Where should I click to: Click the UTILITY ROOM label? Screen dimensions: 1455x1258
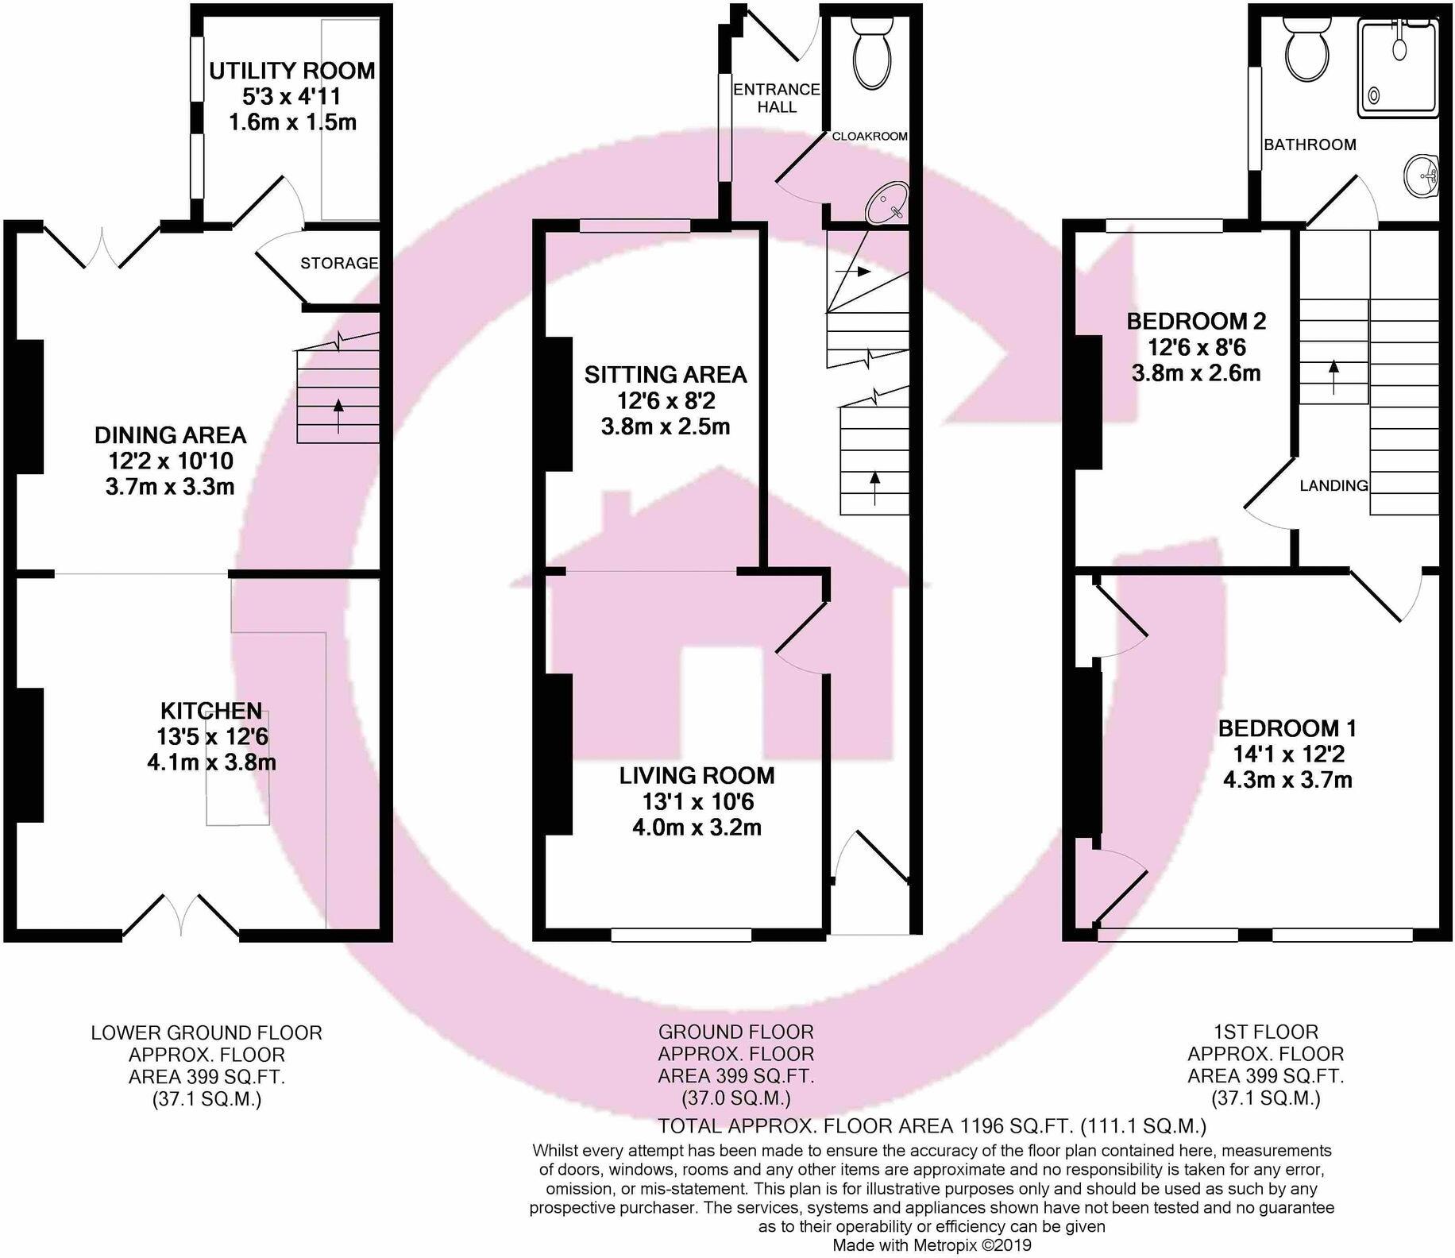[x=291, y=71]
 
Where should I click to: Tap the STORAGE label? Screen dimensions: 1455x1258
[x=339, y=263]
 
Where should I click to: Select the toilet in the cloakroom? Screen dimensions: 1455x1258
[x=871, y=52]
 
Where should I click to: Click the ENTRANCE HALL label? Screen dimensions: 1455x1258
[x=776, y=98]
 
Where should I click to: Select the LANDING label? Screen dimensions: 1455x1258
[x=1333, y=485]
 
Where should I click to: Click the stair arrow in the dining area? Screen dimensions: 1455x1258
[x=339, y=415]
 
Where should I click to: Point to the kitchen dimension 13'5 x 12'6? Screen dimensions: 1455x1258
[x=213, y=736]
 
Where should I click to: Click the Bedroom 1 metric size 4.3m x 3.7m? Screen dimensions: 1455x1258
[x=1287, y=780]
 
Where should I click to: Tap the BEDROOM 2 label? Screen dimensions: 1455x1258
[x=1196, y=322]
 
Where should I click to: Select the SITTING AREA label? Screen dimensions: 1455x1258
[x=666, y=375]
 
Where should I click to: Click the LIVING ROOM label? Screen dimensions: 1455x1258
[x=697, y=775]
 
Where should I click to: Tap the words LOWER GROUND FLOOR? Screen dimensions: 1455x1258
[x=206, y=1032]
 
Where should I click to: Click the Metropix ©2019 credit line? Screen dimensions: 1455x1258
[x=931, y=1245]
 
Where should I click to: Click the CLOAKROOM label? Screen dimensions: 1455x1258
[x=870, y=137]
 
